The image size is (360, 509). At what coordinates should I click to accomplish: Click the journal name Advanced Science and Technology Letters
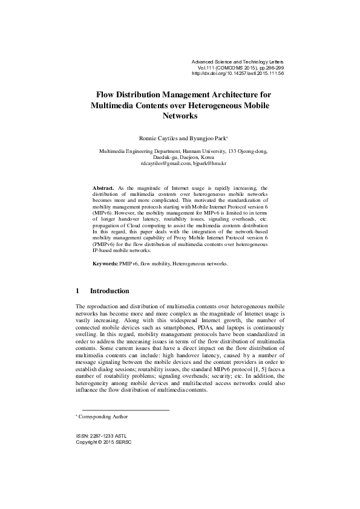(x=237, y=62)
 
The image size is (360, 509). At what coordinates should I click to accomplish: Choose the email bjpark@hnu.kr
(x=209, y=163)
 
